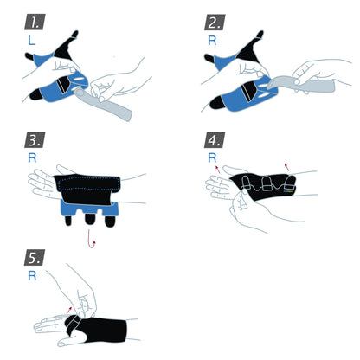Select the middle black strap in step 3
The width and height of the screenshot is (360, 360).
(x=87, y=220)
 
